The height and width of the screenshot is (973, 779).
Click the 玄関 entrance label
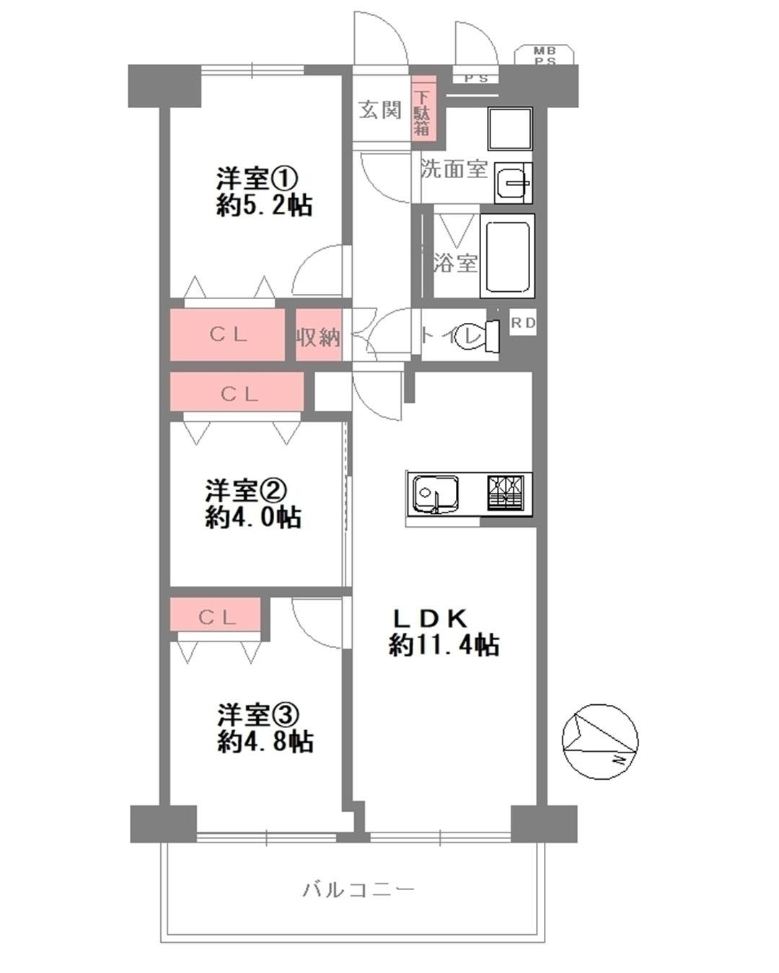click(380, 110)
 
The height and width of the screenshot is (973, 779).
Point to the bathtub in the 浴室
click(508, 256)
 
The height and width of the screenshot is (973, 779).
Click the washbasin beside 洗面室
click(514, 182)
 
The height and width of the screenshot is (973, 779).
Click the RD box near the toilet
click(523, 322)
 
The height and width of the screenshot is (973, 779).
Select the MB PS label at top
click(545, 55)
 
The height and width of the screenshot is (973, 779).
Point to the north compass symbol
click(599, 742)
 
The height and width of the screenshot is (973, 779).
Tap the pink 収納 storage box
click(319, 335)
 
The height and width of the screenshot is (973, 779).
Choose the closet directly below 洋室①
click(227, 334)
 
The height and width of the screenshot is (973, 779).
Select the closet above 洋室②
click(237, 391)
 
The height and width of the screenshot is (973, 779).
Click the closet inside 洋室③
click(216, 614)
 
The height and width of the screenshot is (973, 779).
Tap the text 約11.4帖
click(444, 646)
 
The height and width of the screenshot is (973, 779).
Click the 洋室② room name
click(246, 491)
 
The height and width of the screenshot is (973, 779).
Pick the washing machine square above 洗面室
click(510, 129)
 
